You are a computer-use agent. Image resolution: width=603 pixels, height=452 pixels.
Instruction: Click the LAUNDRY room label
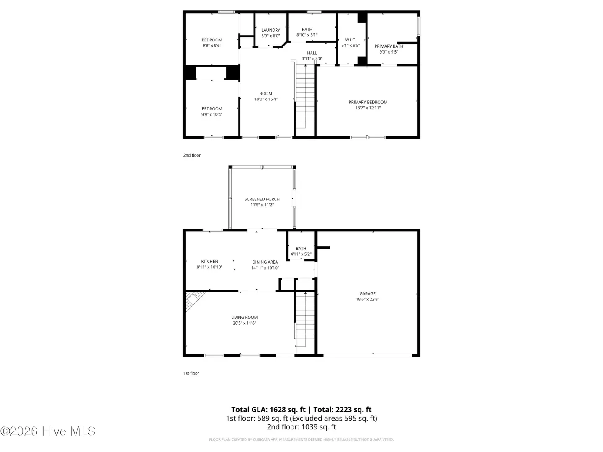(x=271, y=30)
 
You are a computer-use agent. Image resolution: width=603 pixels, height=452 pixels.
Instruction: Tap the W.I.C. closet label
(x=350, y=40)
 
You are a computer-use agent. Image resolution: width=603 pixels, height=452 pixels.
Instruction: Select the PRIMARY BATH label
(x=389, y=46)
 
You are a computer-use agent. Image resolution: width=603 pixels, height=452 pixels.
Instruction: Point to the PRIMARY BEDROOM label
(x=368, y=102)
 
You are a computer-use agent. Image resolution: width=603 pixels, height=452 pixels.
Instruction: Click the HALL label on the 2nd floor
(x=312, y=53)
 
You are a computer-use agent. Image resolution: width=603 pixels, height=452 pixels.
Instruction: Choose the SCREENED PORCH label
(x=262, y=199)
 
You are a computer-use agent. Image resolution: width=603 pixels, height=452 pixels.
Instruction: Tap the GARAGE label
(x=367, y=294)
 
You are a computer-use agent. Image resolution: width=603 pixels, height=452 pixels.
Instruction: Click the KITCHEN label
(x=210, y=262)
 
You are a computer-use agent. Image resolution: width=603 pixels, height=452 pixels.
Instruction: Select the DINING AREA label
(x=265, y=262)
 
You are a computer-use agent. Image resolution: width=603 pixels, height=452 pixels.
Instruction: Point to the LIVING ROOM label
(x=244, y=318)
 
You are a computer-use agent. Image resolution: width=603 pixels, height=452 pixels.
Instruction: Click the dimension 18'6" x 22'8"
(x=367, y=299)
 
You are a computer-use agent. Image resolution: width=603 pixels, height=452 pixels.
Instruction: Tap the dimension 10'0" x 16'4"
(x=265, y=99)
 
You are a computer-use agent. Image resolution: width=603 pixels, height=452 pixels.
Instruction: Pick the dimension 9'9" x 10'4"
(x=212, y=114)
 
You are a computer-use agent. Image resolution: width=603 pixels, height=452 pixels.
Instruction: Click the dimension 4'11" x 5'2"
(x=301, y=254)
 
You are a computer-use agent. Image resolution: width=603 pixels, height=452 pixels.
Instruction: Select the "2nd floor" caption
(x=192, y=155)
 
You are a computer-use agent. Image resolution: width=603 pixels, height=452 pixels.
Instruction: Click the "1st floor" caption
(x=191, y=373)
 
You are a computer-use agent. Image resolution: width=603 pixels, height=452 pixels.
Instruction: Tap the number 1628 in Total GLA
(x=278, y=410)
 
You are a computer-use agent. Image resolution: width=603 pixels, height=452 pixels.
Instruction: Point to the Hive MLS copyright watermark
(x=48, y=431)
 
